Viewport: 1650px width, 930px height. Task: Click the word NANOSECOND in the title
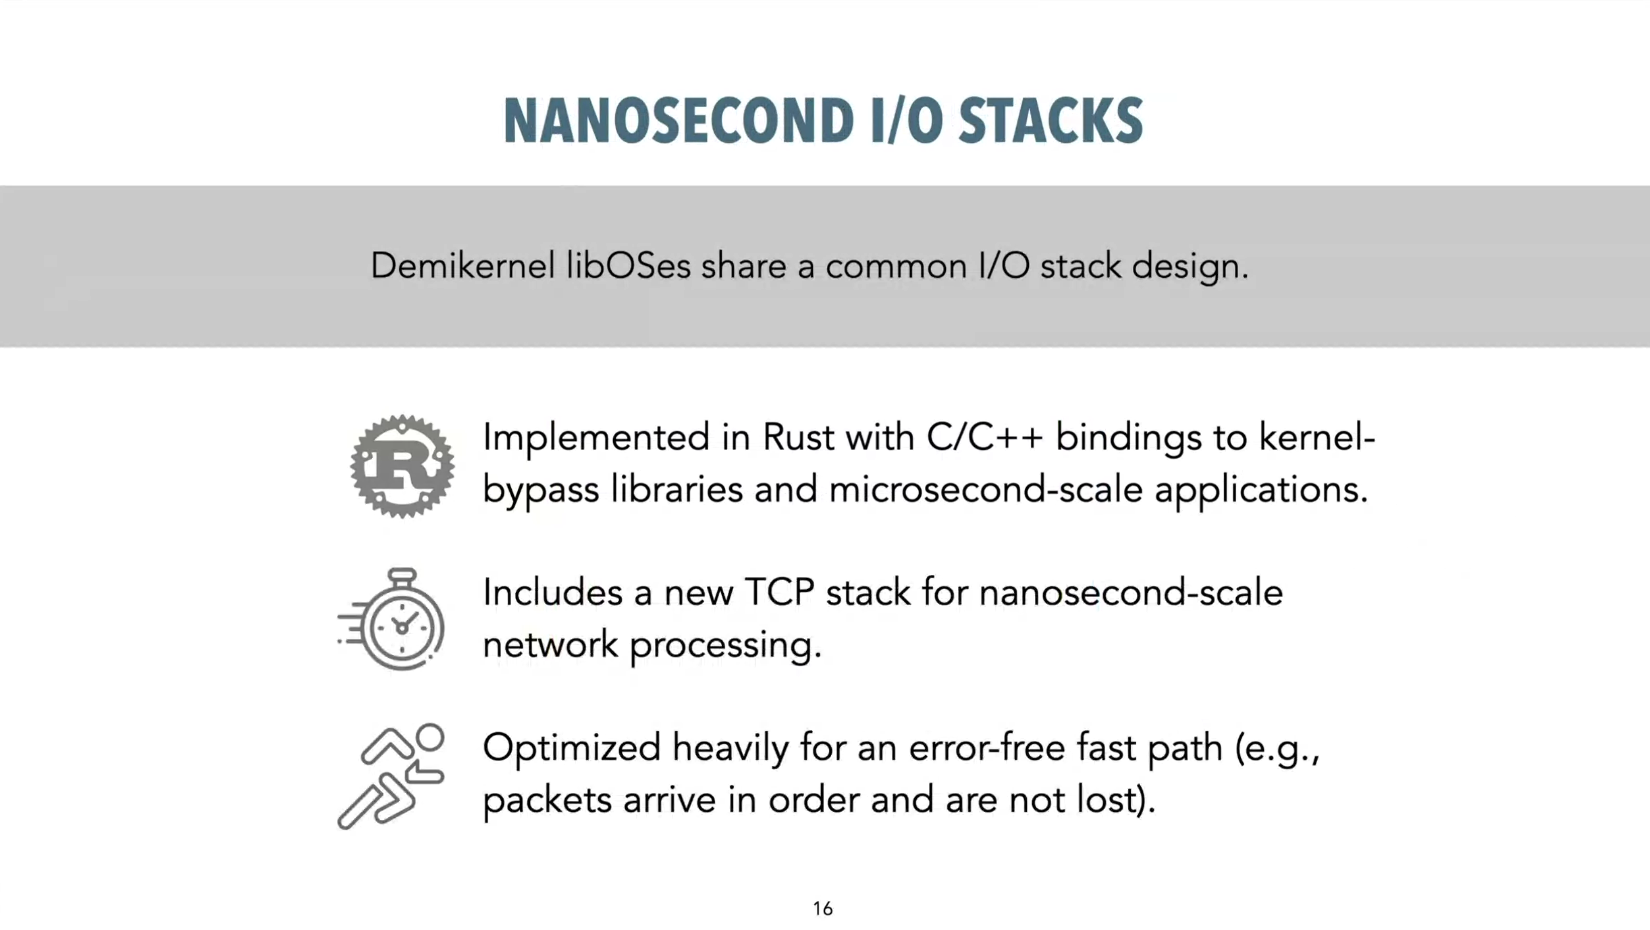point(678,121)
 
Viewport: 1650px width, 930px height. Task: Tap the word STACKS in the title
point(1050,121)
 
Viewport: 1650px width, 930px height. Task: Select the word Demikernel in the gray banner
point(463,266)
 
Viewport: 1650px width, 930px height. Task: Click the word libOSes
point(628,266)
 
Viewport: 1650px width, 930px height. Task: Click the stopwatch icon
point(392,619)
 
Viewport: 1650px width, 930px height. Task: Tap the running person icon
point(391,776)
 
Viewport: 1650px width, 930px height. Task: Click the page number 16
point(823,909)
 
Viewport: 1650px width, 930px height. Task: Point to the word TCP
point(779,593)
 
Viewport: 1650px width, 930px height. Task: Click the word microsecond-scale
point(986,490)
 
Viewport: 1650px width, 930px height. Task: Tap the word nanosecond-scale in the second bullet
point(1131,593)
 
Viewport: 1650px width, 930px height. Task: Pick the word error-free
point(987,748)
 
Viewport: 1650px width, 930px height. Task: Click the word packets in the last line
point(547,801)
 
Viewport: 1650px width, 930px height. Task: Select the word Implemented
point(597,439)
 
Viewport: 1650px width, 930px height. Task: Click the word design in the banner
point(1190,267)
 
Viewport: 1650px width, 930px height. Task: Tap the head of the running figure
point(429,737)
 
